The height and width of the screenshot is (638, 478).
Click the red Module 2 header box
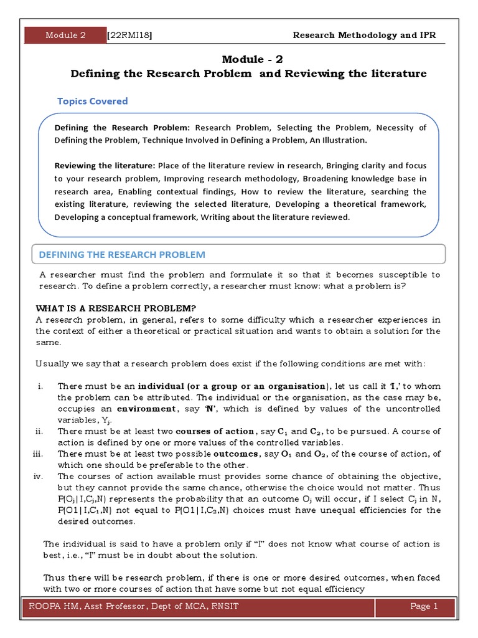[x=65, y=35]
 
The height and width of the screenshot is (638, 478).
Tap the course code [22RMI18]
[x=130, y=35]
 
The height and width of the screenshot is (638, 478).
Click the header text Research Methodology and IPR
[x=364, y=35]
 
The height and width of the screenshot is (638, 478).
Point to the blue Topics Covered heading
[x=92, y=101]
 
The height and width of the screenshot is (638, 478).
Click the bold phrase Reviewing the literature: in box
[x=105, y=166]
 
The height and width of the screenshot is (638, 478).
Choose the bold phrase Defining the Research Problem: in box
[x=123, y=128]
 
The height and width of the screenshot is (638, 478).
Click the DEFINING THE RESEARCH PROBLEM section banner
[x=122, y=254]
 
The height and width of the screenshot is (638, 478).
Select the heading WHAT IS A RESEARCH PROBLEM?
[x=116, y=308]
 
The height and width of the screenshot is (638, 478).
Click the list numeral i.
[x=40, y=386]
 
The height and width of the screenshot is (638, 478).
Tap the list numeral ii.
[x=39, y=431]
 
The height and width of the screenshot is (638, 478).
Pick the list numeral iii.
[x=37, y=454]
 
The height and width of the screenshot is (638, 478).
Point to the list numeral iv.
[x=38, y=476]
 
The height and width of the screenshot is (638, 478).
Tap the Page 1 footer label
[x=424, y=606]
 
